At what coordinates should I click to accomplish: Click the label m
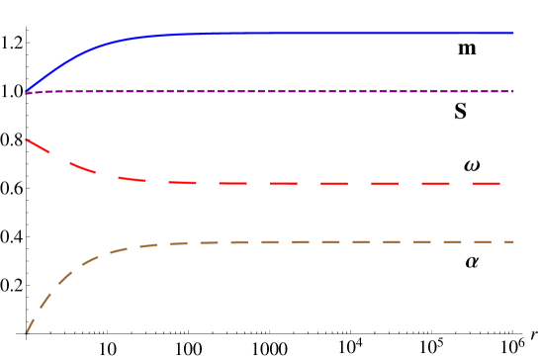(468, 46)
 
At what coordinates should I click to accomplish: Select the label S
(461, 110)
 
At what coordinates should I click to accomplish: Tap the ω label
(472, 162)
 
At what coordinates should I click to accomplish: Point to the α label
(473, 259)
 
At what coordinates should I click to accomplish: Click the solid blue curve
(297, 33)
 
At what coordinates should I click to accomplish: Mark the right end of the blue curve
(512, 33)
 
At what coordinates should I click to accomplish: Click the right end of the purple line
(512, 91)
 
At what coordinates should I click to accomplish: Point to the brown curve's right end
(512, 241)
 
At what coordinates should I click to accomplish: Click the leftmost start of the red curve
(27, 139)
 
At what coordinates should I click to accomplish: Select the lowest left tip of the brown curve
(27, 331)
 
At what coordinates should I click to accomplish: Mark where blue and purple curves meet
(27, 92)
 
